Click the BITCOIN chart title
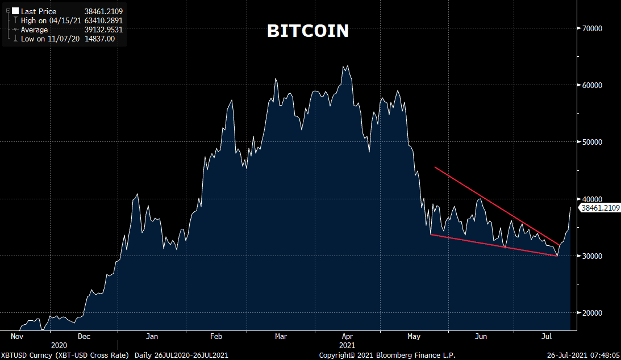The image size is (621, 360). coord(308,31)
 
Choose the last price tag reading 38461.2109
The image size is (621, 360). coord(599,208)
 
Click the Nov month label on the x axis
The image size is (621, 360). coord(17,336)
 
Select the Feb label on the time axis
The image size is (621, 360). coord(216,336)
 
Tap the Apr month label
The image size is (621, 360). coord(347,336)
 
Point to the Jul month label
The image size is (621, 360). coord(548,336)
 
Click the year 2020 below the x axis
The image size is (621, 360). coord(59,345)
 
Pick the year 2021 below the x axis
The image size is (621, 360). coord(347,345)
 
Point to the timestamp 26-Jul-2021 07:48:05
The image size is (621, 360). coord(583,355)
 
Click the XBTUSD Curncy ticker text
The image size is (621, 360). coord(21,355)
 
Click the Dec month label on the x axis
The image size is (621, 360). coord(84,336)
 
